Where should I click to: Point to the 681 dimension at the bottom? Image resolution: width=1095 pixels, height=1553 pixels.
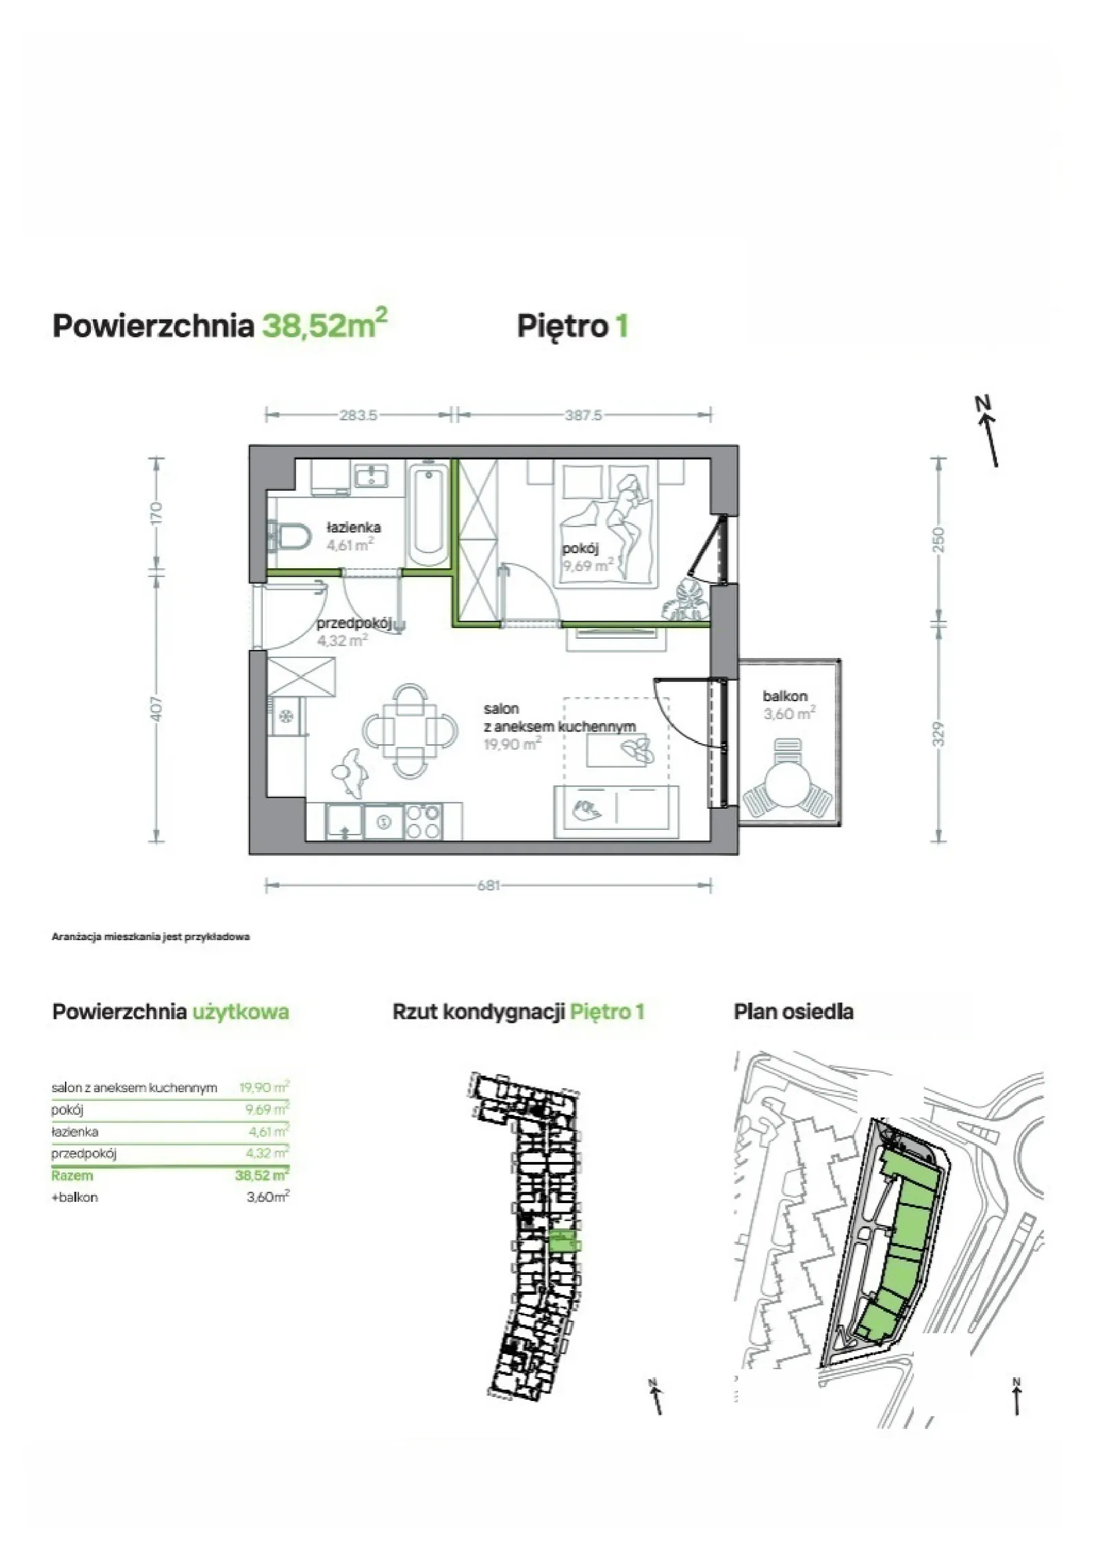pos(488,885)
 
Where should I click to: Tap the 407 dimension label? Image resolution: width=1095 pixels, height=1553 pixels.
pos(157,709)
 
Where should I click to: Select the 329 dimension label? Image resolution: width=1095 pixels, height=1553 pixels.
pos(938,733)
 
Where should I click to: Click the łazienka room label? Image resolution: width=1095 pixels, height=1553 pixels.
pos(353,527)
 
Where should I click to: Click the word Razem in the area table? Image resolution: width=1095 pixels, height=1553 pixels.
pos(72,1176)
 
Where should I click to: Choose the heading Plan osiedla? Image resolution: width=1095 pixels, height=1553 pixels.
pos(793,1011)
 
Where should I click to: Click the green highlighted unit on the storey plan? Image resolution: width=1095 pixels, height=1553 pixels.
pos(564,1241)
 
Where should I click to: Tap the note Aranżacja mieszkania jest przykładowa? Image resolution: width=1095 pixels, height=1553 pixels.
pos(151,937)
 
